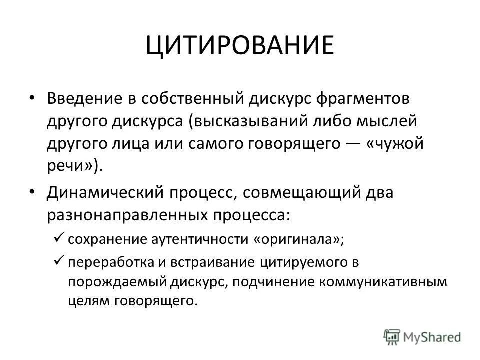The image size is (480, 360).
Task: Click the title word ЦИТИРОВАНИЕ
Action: [240, 45]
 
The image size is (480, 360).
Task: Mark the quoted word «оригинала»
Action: [299, 239]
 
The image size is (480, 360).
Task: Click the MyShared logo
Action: [422, 336]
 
